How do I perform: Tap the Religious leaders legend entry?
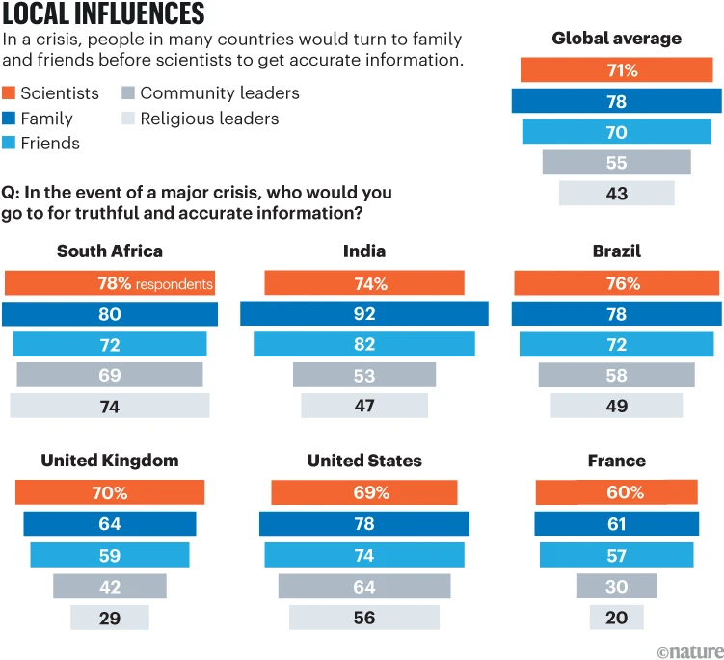click(x=200, y=119)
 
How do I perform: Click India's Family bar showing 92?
click(x=364, y=314)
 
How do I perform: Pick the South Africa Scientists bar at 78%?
click(x=109, y=283)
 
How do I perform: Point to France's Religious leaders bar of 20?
click(x=617, y=617)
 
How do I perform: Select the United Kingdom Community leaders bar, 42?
click(x=110, y=586)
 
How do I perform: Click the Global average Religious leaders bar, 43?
click(x=617, y=193)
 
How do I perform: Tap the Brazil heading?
click(x=617, y=251)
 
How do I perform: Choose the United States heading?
click(x=364, y=461)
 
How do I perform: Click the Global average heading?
click(x=617, y=39)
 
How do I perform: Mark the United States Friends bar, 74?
click(x=364, y=555)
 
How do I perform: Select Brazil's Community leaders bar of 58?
click(x=617, y=375)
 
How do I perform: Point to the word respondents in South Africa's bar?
click(x=174, y=284)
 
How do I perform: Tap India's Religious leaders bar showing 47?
click(x=364, y=406)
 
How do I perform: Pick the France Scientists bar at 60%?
click(x=617, y=492)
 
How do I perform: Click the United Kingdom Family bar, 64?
click(x=110, y=524)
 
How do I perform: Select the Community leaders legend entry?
click(x=210, y=93)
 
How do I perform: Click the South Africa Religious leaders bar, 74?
click(x=110, y=406)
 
